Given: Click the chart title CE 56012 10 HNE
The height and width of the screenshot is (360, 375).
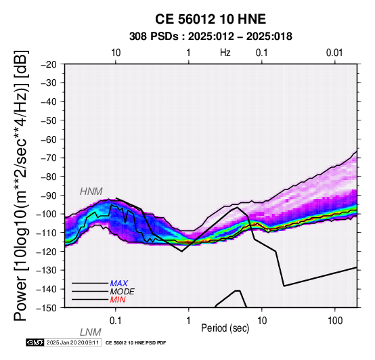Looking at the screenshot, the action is coord(211,19).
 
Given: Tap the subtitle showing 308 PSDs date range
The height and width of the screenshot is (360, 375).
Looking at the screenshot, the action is coord(211,37).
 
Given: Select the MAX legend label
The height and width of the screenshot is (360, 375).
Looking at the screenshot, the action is coord(119,284).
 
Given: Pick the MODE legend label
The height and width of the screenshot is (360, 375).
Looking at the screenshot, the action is coord(123,292).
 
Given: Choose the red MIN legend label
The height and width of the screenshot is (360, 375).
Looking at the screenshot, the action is coord(118,300).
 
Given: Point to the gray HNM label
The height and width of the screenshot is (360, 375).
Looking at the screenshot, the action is coord(91,192).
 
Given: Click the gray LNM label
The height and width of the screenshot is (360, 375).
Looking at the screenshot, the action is coord(91,332).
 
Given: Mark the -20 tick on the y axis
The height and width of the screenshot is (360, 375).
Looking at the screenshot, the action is coord(49,64).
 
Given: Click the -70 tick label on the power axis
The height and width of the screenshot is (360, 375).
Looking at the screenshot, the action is coord(49,158).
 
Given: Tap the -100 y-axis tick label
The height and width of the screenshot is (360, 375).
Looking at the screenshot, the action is coord(47,214).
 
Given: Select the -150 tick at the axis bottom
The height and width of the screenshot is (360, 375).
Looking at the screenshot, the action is coord(47,308).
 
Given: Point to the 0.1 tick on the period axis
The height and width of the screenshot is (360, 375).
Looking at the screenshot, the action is coord(116,321).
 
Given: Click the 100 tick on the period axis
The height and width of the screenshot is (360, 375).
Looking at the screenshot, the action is coord(335,321).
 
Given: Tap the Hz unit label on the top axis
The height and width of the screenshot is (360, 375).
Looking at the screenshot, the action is coord(225,53).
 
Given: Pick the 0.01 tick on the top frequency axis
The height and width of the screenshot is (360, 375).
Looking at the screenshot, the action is coord(334,53).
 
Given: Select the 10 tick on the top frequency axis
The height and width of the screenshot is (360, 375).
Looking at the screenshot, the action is coord(116,53).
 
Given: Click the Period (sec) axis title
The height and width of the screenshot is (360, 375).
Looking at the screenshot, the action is coord(225,328).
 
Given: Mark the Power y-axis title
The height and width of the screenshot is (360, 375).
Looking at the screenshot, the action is coord(21,185).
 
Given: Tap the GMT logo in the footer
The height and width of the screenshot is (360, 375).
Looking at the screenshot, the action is coord(35,343).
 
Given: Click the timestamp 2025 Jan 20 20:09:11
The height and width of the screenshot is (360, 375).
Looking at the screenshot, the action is coord(72,343).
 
